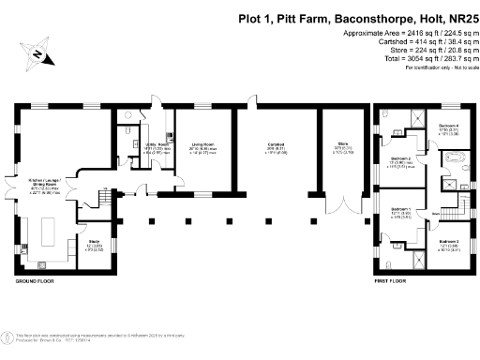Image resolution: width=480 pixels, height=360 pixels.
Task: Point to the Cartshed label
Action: click(x=275, y=145)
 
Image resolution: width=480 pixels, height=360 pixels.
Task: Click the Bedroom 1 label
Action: click(x=400, y=211)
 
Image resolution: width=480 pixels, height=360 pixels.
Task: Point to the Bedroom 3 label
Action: click(x=450, y=245)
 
